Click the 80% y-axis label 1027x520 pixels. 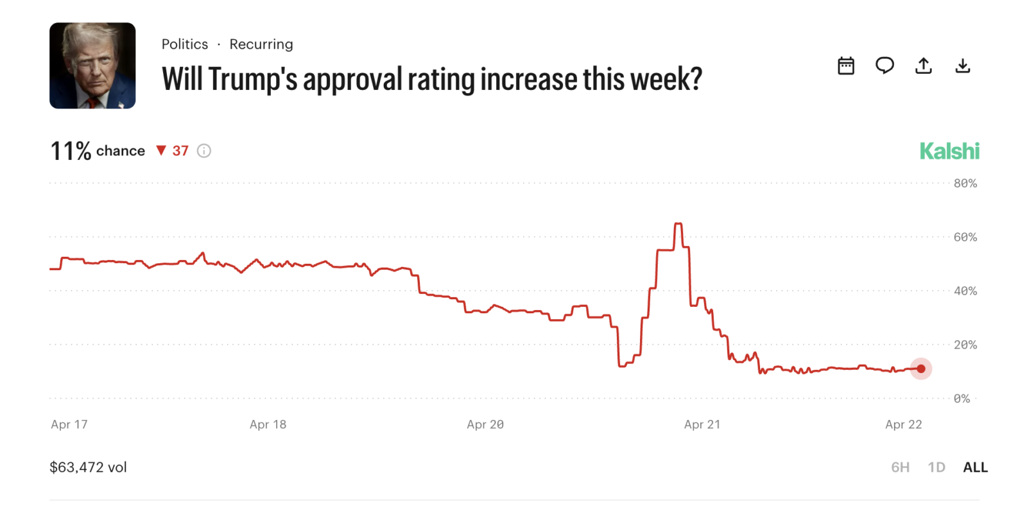965,184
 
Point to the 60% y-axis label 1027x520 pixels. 965,238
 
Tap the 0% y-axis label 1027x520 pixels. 962,399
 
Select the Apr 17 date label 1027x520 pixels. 69,424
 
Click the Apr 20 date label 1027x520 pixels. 485,424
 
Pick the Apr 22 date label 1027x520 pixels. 903,424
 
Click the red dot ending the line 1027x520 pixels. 921,368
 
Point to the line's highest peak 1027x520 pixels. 678,224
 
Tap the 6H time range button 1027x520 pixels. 900,467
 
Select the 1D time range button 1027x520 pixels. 936,467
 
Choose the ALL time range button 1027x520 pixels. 975,467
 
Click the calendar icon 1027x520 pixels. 846,65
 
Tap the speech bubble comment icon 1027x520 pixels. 885,65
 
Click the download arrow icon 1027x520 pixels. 962,65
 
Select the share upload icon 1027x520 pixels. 923,65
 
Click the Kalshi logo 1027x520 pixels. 949,152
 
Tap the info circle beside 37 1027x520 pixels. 204,151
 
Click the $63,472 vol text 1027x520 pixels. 89,467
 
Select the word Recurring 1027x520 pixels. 261,44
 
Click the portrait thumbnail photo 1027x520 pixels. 92,65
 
